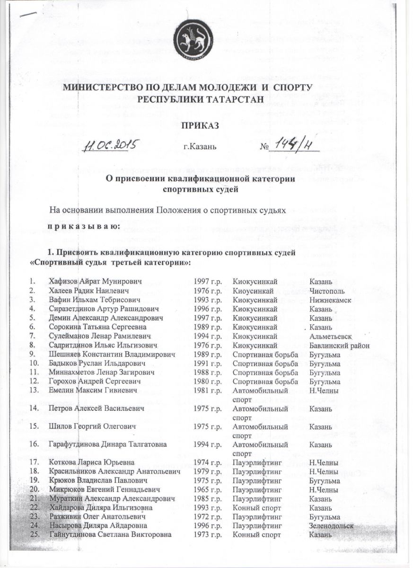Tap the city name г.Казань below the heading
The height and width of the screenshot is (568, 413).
coord(200,147)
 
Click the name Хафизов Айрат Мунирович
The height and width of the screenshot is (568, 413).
coord(95,282)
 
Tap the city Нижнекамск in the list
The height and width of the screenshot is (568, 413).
coord(332,300)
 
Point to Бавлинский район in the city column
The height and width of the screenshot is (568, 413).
coord(339,345)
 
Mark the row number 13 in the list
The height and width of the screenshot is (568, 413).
coord(33,390)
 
